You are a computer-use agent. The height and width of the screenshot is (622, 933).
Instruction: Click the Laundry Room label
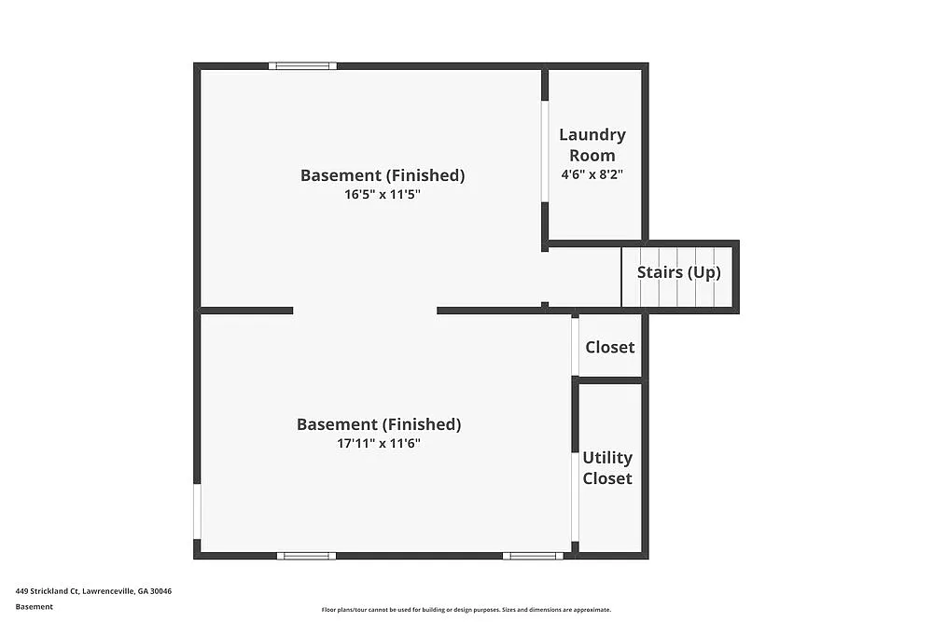coord(592,145)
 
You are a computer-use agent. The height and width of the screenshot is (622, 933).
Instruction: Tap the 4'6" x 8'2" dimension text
coord(592,174)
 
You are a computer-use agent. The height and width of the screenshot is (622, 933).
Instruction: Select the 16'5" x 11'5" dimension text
coord(383,195)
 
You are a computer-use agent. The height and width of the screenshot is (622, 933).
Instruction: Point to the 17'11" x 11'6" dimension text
coord(379,444)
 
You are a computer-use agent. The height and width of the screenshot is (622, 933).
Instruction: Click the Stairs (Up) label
coord(678,273)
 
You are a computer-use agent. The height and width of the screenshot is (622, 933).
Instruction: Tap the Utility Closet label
coord(607,468)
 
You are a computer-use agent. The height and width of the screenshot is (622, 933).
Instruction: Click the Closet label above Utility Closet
coord(610,347)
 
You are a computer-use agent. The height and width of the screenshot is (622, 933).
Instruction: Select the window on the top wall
coord(302,66)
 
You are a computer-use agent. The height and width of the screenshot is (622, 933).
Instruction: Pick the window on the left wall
coord(197,511)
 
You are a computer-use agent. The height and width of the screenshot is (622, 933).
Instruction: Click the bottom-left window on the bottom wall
coord(306,556)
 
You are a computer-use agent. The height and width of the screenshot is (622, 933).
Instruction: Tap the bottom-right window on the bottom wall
coord(533,556)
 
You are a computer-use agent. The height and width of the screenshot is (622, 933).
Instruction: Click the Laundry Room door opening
coord(545,151)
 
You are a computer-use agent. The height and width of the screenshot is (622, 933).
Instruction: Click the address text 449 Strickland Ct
coord(93,591)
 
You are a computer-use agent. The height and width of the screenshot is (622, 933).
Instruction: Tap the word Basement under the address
coord(35,606)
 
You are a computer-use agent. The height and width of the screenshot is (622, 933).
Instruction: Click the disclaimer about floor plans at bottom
coord(466,610)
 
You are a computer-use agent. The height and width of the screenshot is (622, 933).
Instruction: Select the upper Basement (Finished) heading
coord(383,175)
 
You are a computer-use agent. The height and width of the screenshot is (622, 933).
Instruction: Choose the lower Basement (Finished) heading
coord(379,424)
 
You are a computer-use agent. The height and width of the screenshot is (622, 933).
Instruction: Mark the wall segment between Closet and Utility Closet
coord(610,380)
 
